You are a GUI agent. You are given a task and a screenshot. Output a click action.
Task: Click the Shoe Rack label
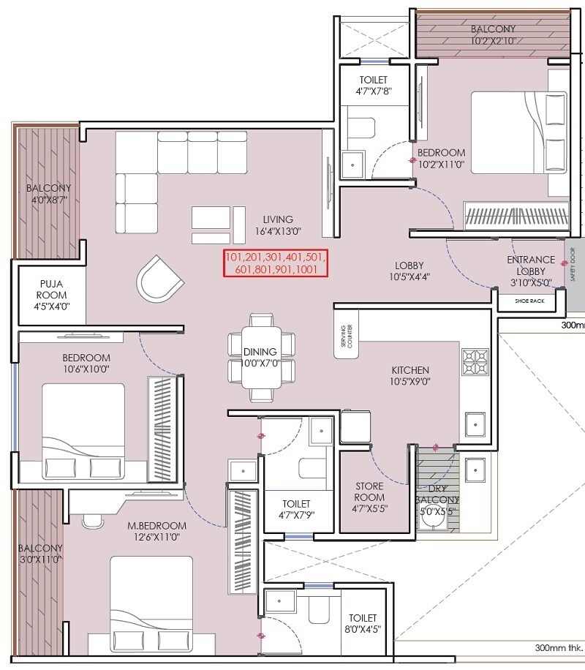[529, 300]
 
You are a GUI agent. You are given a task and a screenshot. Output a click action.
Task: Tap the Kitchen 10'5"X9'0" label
[410, 377]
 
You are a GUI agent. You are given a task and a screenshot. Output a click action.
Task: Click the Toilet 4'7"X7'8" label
[373, 86]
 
